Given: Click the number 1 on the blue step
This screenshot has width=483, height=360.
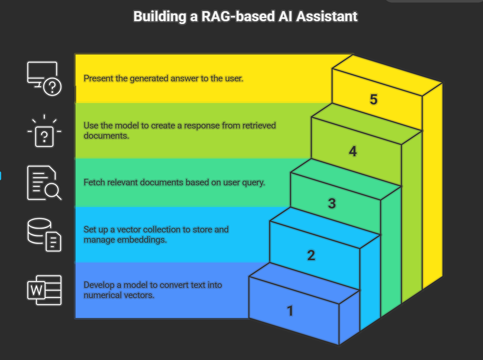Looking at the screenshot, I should tap(290, 311).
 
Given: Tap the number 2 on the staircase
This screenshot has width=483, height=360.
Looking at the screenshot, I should tap(311, 255).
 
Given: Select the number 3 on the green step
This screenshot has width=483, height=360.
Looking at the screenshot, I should tap(332, 203).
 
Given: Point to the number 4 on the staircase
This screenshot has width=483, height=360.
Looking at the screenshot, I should tap(353, 151).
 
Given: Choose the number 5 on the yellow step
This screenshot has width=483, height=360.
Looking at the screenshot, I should tap(373, 99).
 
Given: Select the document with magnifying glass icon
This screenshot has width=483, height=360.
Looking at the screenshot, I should tap(44, 183).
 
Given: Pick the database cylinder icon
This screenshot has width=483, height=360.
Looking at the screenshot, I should tap(44, 234).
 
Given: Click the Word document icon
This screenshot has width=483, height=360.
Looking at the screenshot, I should tap(44, 290).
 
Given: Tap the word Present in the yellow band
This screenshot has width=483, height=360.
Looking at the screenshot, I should tap(98, 78).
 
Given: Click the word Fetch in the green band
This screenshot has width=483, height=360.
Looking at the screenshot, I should tap(94, 182).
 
